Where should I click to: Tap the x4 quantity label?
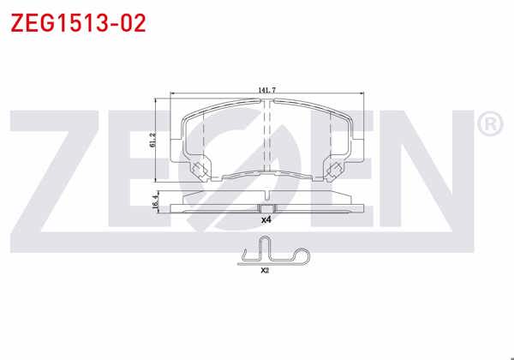click(266, 220)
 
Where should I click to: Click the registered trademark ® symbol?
click(488, 125)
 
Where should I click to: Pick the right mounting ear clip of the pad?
click(336, 170)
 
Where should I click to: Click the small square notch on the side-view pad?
click(266, 208)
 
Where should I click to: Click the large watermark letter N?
click(411, 171)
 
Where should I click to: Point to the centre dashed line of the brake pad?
click(267, 137)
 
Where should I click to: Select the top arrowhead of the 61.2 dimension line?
click(157, 98)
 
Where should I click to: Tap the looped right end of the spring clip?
click(302, 254)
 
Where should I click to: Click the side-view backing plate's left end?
click(172, 208)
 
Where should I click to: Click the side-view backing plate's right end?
click(364, 208)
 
